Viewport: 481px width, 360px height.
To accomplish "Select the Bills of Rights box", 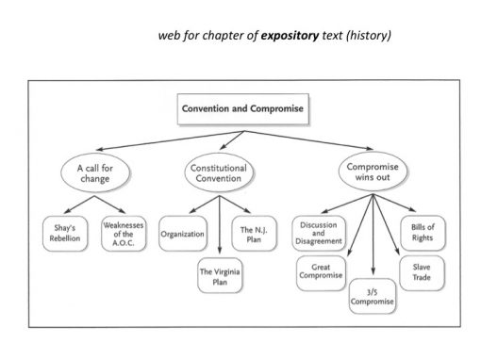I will (x=422, y=232).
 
